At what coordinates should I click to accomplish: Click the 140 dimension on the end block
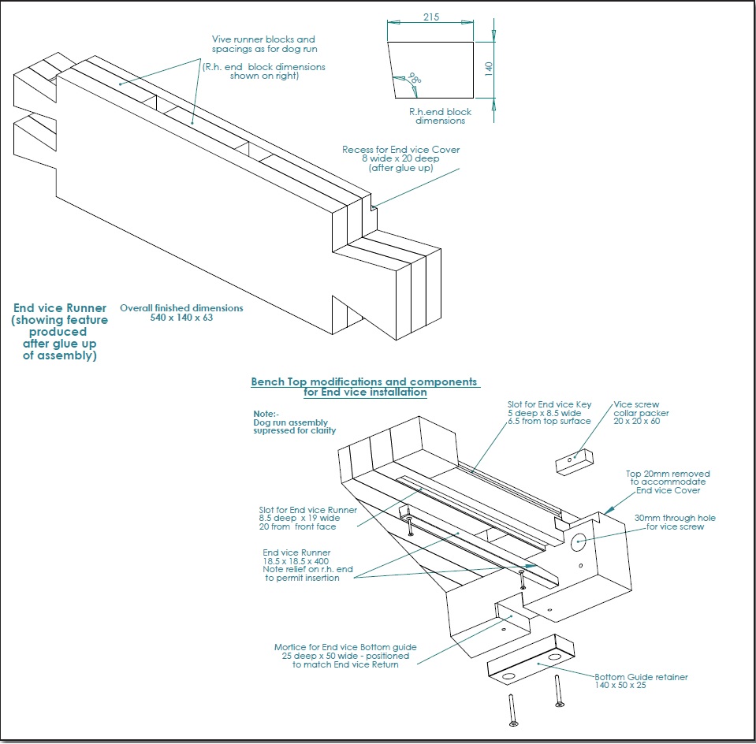(x=488, y=69)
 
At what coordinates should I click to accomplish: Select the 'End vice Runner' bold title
(x=60, y=308)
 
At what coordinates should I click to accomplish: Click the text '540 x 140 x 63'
(x=181, y=318)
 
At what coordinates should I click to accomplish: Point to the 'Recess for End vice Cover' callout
(x=400, y=150)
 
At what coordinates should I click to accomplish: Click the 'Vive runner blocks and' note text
(x=263, y=39)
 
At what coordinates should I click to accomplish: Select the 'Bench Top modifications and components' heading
(x=364, y=381)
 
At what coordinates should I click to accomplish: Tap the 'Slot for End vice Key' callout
(x=549, y=404)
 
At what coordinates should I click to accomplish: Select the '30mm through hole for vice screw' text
(x=675, y=523)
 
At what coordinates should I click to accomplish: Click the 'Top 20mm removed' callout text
(x=667, y=473)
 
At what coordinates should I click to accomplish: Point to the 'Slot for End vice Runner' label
(x=307, y=509)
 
